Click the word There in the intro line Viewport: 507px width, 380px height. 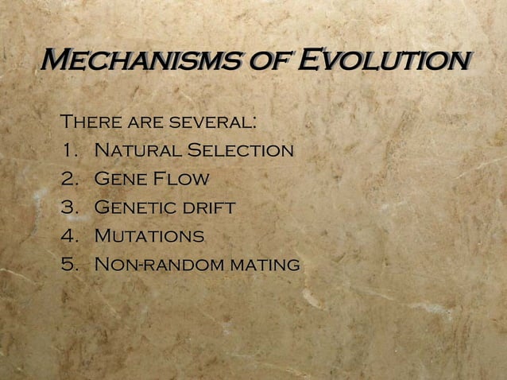click(x=91, y=123)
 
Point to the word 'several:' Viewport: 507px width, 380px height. click(x=211, y=123)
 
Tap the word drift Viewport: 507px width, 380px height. click(x=208, y=207)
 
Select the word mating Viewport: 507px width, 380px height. click(x=264, y=265)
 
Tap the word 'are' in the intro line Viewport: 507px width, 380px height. click(x=143, y=123)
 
